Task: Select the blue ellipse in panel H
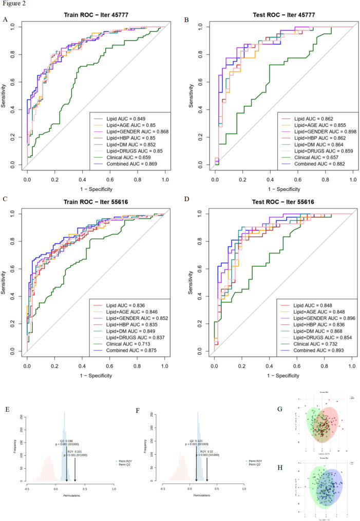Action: click(x=329, y=485)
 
